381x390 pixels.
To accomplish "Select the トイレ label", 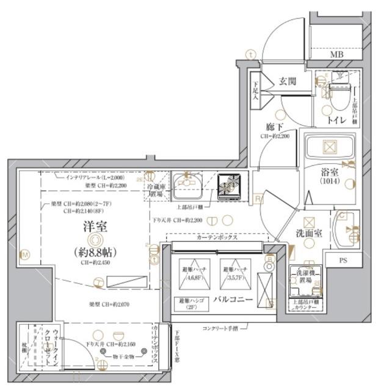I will click(x=334, y=120).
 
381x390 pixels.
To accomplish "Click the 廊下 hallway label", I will click(x=275, y=127).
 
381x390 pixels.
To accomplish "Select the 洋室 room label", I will click(x=96, y=227).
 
